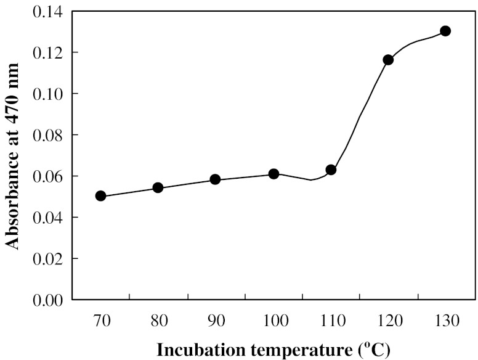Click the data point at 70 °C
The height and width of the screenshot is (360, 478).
click(101, 196)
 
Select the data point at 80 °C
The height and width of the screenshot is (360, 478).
click(158, 187)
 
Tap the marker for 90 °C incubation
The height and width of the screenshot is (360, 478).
click(215, 179)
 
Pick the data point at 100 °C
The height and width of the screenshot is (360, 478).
click(273, 174)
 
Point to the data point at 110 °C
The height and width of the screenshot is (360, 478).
click(331, 170)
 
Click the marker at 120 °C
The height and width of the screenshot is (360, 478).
click(388, 60)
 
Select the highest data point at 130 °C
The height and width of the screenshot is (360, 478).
click(445, 31)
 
